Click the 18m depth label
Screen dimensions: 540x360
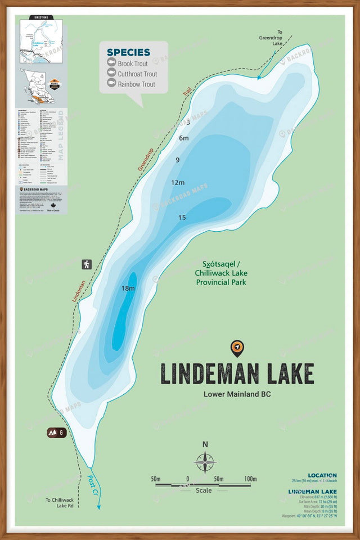pos(128,289)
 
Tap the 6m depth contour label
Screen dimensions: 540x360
pos(183,138)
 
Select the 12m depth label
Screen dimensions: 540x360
pos(178,182)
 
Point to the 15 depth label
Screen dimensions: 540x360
pos(182,218)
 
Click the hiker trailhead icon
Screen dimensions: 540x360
pos(87,264)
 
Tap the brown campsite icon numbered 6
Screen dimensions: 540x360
pos(57,433)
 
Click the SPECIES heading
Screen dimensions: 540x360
pos(128,53)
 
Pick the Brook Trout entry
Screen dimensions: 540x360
pos(133,64)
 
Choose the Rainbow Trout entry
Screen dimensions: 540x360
pos(136,84)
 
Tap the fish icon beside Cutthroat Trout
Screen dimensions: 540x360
pos(111,74)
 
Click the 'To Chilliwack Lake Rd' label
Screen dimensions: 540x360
pos(60,503)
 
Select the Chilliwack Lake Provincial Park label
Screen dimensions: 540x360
pos(221,273)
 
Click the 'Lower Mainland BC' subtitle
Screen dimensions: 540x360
pos(237,394)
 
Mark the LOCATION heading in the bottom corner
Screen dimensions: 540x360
pos(322,475)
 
